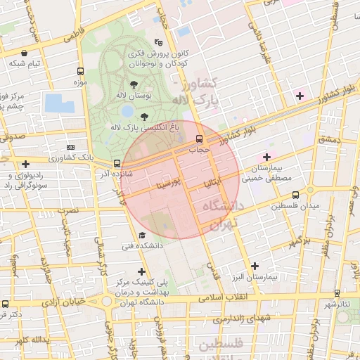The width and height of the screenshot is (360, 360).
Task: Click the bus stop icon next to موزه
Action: tap(79, 72)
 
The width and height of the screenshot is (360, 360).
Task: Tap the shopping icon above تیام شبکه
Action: tap(25, 53)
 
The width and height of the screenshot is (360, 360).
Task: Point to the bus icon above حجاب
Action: tap(200, 138)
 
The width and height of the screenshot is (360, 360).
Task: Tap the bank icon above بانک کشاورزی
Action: tap(70, 146)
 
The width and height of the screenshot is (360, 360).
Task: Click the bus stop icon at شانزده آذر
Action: tap(117, 163)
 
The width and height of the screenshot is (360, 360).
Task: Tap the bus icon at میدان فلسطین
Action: tap(295, 195)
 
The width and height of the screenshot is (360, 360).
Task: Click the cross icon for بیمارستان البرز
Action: tap(255, 266)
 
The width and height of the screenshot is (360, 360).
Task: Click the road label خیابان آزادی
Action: tap(65, 302)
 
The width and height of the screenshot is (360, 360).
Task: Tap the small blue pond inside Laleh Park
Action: tap(127, 111)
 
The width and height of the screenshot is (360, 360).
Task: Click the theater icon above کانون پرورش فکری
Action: tap(166, 43)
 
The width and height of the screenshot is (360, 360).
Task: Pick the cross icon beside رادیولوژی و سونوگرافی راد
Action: tap(25, 164)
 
